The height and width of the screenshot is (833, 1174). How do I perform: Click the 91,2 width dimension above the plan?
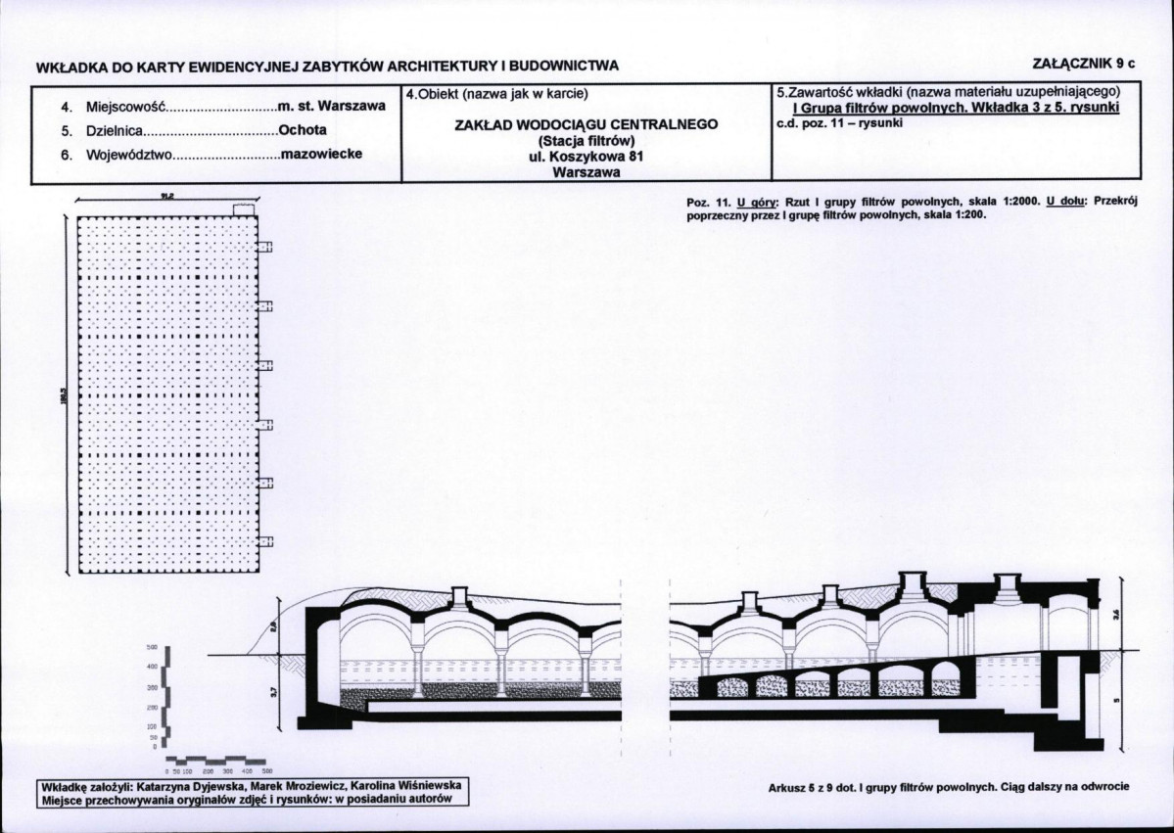click(167, 196)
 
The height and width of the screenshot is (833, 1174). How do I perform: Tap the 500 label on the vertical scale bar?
click(152, 648)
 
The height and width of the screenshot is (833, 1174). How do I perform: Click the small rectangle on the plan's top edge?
click(244, 209)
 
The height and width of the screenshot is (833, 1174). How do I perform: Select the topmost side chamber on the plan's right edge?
click(264, 248)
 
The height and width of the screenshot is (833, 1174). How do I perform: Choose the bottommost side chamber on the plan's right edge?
click(264, 541)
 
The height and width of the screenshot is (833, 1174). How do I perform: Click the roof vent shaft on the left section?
click(459, 597)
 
